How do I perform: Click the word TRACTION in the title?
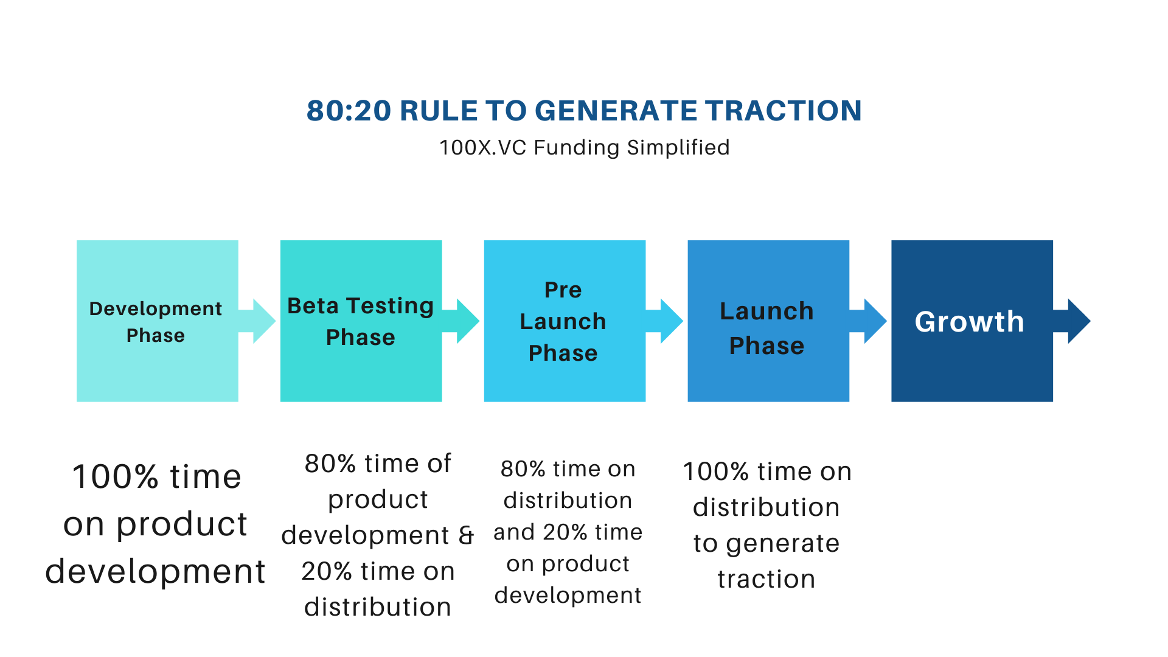(784, 111)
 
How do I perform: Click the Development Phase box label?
(156, 322)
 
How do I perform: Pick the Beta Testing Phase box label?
(361, 321)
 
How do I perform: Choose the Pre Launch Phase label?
(563, 321)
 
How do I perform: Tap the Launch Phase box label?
(766, 328)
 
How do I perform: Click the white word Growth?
(970, 322)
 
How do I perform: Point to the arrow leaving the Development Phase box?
(257, 321)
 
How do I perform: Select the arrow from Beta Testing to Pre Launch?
(461, 321)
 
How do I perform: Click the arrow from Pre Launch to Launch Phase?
(665, 321)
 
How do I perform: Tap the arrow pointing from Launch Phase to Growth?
(869, 321)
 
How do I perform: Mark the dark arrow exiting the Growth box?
(1072, 321)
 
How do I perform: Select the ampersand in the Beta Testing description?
(466, 535)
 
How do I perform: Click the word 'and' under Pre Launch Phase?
(514, 532)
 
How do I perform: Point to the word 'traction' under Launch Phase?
(766, 579)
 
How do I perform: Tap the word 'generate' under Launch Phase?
(783, 544)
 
